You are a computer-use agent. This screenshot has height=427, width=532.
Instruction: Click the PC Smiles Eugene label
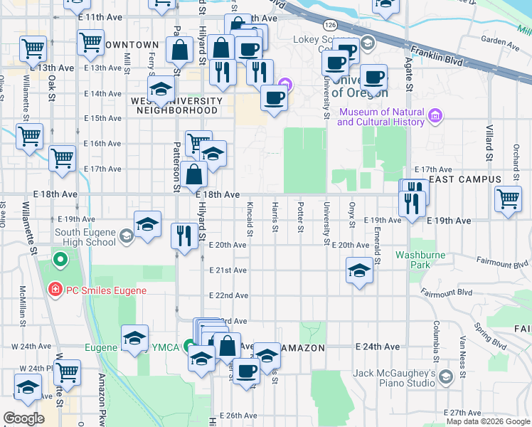pos(106,290)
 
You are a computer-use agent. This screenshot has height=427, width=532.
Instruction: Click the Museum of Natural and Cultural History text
pos(381,117)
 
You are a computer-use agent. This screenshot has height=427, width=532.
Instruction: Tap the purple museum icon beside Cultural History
pos(436,114)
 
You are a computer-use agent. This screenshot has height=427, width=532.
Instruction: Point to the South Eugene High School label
pos(85,236)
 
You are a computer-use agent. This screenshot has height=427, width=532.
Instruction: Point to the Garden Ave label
pos(496,40)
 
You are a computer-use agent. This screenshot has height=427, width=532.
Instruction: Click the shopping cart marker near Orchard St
pos(508,200)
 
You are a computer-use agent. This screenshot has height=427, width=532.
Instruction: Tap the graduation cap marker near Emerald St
pos(359,271)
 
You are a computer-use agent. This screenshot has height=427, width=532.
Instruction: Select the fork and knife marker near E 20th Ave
pos(184,236)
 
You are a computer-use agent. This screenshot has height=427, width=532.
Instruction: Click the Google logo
pos(24,419)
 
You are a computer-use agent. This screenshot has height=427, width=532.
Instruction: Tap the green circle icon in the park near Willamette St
pos(60,260)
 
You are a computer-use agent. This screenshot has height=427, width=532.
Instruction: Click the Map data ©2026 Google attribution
pos(488,421)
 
